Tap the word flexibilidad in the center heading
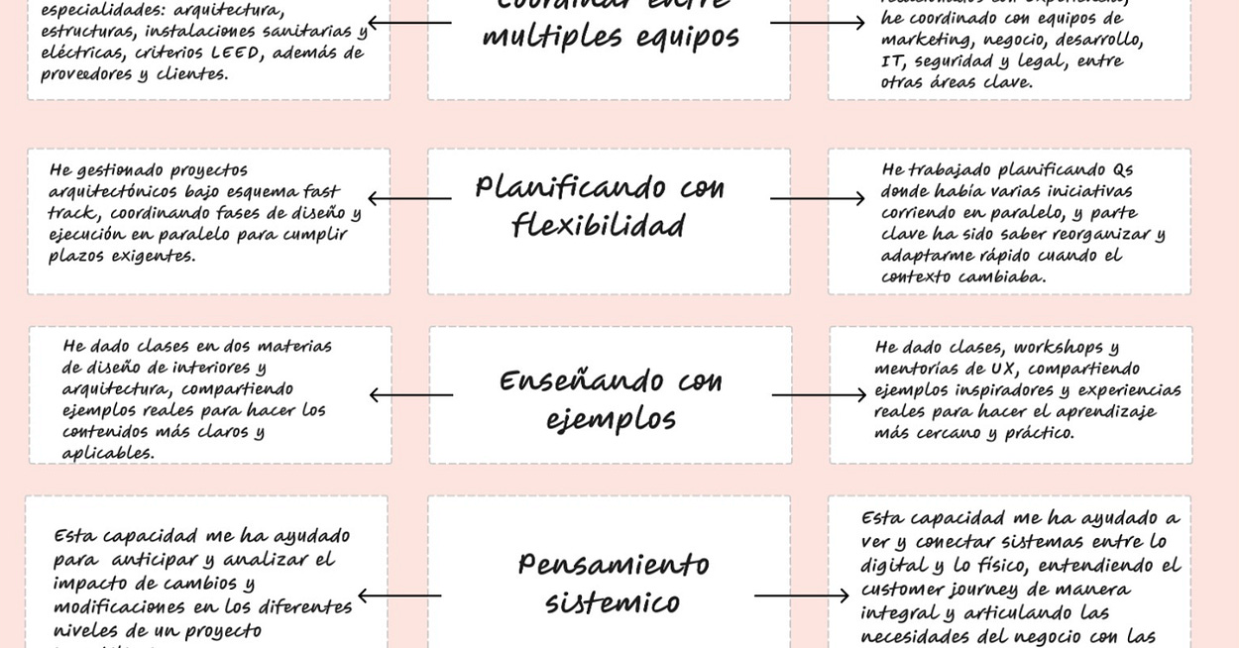598,227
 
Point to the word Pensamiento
613,565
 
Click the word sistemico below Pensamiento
612,603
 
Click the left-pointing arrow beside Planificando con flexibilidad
409,198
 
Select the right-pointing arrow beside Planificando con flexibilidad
817,198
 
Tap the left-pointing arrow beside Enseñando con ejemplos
411,395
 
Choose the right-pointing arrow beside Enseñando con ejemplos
819,395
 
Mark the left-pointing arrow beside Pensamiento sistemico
399,595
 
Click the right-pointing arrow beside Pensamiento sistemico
801,595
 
